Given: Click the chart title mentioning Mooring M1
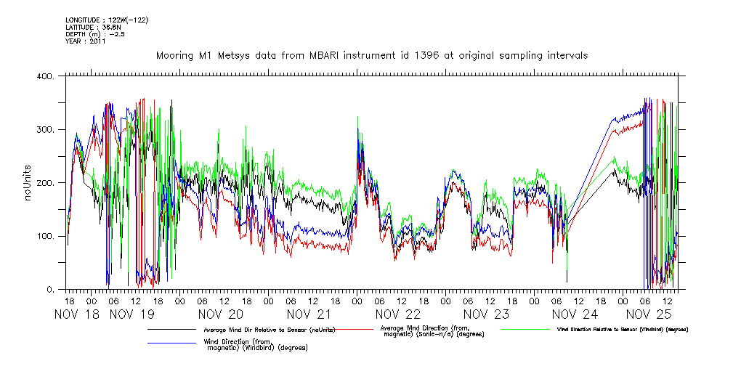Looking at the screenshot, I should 371,55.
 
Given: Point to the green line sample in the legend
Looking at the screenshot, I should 524,330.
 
